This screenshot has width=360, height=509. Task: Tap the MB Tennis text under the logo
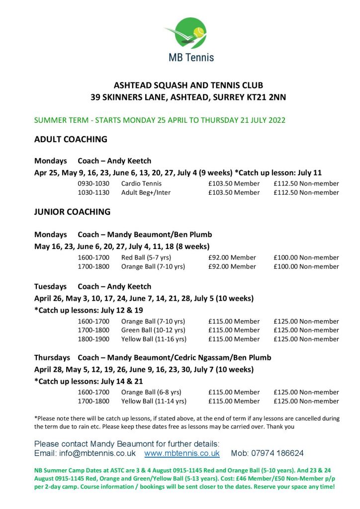tap(191, 57)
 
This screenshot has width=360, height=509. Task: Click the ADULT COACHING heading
tap(71, 139)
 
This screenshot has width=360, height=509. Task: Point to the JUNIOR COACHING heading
tap(72, 212)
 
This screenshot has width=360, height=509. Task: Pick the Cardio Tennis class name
tap(141, 183)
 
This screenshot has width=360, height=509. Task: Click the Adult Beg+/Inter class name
tap(146, 192)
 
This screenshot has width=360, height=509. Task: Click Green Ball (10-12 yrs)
tap(153, 330)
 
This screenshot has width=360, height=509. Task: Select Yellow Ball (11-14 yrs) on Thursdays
tap(154, 401)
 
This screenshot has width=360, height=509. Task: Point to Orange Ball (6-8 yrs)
tap(151, 392)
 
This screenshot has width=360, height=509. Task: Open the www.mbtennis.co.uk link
tap(181, 453)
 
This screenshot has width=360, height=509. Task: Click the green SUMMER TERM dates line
tap(160, 120)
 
